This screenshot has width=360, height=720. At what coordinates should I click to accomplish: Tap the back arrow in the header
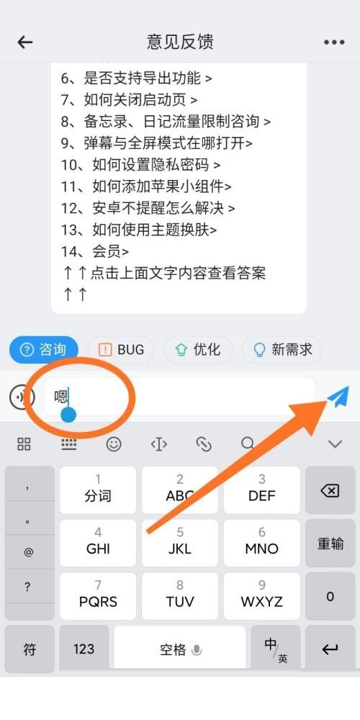tap(25, 42)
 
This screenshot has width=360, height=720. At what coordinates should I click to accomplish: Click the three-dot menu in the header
tap(334, 42)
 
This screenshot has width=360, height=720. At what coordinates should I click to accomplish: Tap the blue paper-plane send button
tap(337, 396)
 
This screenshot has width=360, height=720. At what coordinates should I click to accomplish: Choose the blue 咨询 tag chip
tap(43, 350)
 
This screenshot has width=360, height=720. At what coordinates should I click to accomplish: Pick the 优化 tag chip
tap(199, 350)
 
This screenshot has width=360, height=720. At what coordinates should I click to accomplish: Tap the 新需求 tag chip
tap(282, 350)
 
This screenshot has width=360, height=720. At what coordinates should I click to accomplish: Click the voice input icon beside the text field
tap(22, 396)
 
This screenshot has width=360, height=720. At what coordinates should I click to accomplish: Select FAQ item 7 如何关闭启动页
tap(130, 99)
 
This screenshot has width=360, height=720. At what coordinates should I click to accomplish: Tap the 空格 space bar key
tap(180, 649)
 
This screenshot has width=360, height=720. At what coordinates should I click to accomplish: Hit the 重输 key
tap(330, 544)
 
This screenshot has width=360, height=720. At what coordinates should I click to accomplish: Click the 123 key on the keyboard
tap(84, 649)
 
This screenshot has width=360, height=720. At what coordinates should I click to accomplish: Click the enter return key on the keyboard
tap(330, 649)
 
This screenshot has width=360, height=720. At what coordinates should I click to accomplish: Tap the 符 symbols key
tap(30, 649)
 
